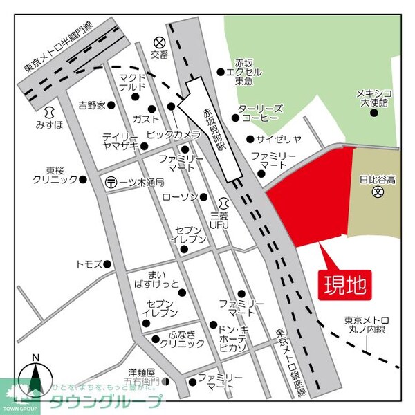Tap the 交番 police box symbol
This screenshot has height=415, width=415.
160,42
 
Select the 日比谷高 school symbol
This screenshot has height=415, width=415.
378,192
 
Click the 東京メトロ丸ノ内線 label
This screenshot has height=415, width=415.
369,324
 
